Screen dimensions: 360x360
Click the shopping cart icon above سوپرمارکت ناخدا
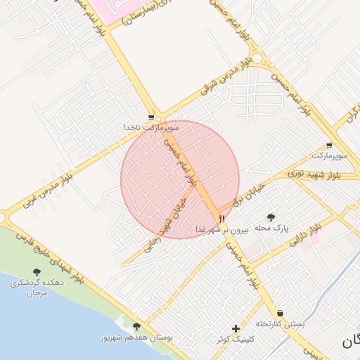coord(151,117)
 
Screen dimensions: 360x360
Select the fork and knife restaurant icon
coord(222,219)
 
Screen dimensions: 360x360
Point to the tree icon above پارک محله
coord(271,217)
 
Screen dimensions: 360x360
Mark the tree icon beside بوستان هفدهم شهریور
coord(136,327)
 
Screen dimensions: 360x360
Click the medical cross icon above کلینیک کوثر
coord(236,328)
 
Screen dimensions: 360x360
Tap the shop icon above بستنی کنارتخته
coord(281,313)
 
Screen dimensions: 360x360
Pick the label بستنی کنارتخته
coord(280,324)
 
